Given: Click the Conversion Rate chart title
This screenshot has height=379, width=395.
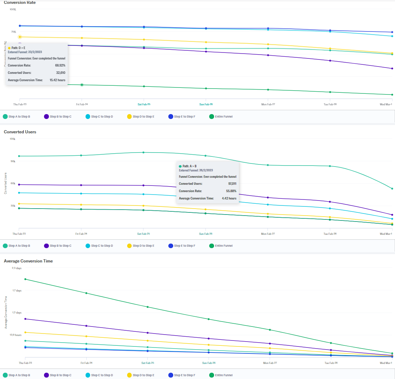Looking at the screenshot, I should click(20, 3).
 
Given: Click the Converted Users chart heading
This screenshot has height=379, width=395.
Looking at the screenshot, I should click(20, 132).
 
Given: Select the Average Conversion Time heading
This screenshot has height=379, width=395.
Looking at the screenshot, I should click(28, 261).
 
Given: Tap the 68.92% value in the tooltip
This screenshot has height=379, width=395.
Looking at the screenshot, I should click(60, 65).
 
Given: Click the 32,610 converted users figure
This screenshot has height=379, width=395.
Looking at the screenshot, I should click(61, 73).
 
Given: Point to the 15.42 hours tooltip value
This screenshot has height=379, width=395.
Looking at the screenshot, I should click(57, 80).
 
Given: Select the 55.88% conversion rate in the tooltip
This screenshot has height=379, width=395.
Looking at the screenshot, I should click(231, 191).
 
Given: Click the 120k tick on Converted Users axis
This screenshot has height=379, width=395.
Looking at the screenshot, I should click(12, 139).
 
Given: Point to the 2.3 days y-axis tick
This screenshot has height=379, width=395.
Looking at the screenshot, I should click(16, 268).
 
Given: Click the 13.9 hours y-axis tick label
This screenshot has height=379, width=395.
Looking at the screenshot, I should click(16, 335).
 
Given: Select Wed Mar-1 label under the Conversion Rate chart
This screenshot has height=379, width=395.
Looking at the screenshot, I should click(386, 104).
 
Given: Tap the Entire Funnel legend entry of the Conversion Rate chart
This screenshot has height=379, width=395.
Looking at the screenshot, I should click(224, 117).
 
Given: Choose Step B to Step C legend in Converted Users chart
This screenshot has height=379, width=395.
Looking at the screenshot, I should click(60, 246).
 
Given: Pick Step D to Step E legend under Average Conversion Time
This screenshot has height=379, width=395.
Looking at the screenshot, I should click(143, 375).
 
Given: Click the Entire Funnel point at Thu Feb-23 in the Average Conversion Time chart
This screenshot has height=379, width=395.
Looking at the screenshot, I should click(25, 279).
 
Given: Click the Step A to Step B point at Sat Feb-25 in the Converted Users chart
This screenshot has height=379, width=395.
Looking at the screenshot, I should click(143, 152).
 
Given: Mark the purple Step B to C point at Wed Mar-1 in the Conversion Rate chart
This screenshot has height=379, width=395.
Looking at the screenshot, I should click(392, 68).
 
